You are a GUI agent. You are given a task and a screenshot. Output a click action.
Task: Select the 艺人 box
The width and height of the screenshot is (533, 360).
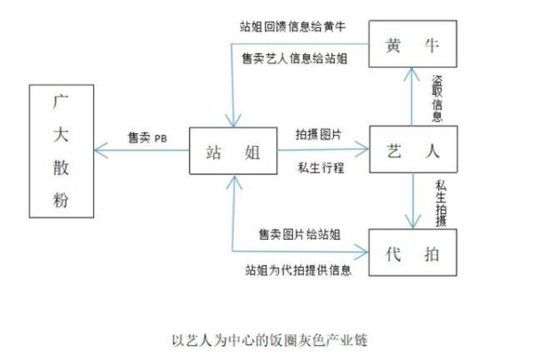[413, 151]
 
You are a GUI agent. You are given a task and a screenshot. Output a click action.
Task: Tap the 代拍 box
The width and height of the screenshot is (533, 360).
[413, 253]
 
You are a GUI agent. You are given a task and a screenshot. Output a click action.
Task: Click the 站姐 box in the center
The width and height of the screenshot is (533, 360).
[233, 153]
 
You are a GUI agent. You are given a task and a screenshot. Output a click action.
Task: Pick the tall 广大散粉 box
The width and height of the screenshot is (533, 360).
[60, 151]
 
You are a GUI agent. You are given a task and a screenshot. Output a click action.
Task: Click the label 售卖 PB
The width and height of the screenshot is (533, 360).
[147, 138]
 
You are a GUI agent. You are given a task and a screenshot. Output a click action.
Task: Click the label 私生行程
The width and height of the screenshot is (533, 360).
[321, 168]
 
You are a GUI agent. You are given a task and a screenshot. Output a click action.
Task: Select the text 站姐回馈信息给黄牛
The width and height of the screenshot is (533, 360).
[292, 27]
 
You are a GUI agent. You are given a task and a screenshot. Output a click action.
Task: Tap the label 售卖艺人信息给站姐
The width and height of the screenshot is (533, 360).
[293, 59]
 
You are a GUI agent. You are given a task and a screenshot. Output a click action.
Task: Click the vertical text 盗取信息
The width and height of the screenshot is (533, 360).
[437, 98]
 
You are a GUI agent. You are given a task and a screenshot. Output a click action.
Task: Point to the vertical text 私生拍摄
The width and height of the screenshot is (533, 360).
[442, 201]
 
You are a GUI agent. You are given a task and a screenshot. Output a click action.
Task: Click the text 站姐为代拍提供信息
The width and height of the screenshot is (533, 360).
[298, 268]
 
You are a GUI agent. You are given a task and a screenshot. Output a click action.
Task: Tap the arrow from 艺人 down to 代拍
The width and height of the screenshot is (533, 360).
[414, 203]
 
